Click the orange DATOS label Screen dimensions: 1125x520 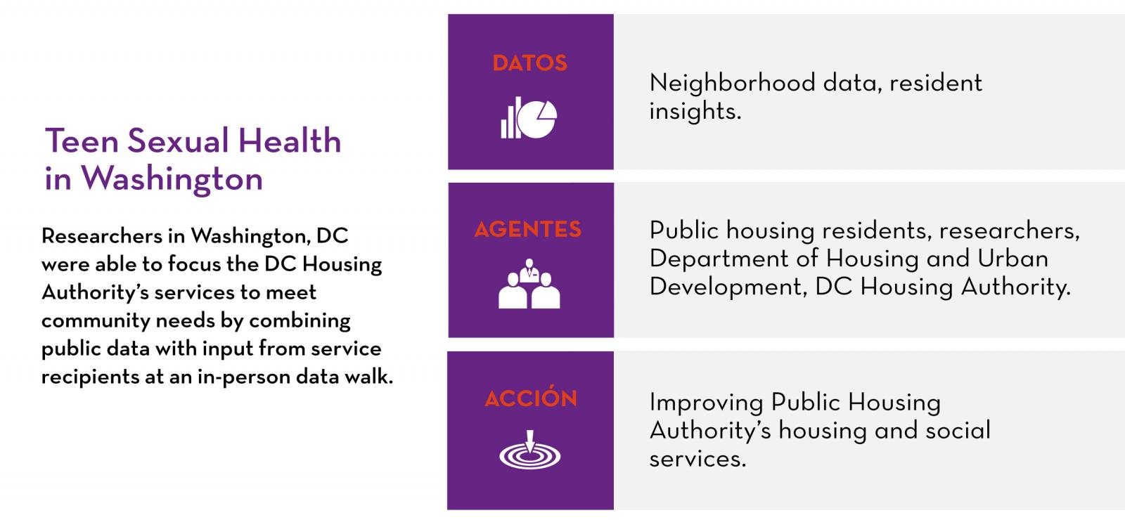[530, 63]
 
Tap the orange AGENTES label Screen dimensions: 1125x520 [528, 229]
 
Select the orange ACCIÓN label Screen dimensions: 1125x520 [531, 397]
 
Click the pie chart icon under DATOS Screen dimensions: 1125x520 [538, 119]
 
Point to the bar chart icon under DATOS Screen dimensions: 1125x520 [510, 118]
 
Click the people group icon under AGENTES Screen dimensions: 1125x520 [529, 284]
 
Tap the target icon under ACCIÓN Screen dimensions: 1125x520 [530, 450]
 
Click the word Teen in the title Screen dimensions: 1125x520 [82, 141]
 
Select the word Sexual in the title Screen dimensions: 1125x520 [179, 141]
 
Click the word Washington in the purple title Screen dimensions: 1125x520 [172, 179]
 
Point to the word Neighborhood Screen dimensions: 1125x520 [732, 82]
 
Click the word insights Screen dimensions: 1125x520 [695, 111]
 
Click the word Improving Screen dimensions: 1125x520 [706, 403]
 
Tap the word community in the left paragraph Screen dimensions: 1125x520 [96, 321]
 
